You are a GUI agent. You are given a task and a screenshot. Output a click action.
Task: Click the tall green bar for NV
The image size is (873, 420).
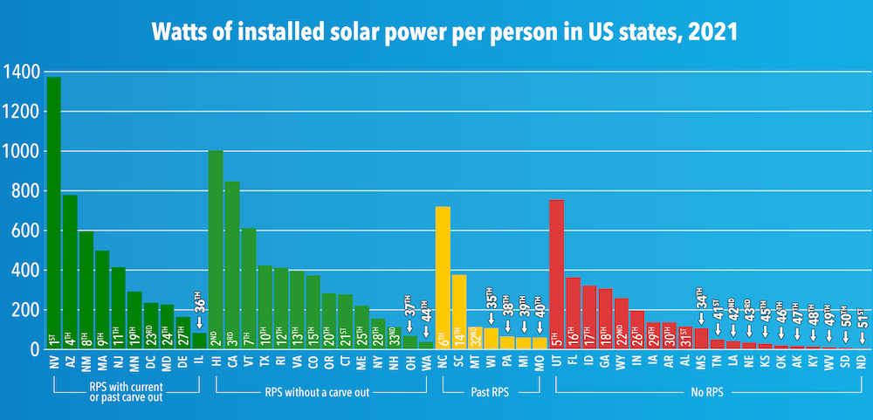(x=54, y=210)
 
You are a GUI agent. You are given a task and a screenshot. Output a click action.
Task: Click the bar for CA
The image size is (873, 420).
(x=232, y=262)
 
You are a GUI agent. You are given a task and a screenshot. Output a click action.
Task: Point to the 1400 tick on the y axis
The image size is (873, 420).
(x=20, y=72)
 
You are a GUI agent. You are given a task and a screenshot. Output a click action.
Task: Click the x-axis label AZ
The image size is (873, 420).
(x=70, y=363)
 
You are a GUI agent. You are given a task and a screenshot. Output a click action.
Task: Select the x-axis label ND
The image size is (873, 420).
(x=862, y=363)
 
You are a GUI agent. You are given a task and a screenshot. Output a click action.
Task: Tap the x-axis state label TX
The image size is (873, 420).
(x=265, y=363)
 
